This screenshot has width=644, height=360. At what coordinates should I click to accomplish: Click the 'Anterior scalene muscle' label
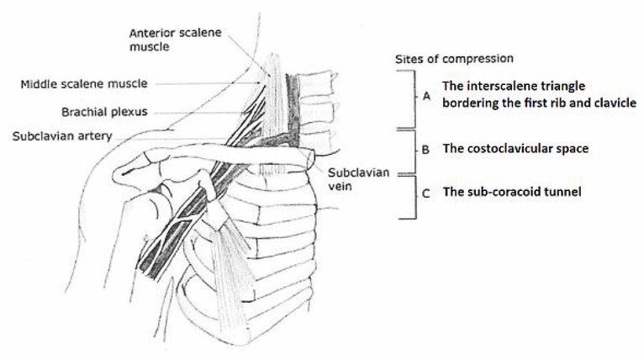(176, 40)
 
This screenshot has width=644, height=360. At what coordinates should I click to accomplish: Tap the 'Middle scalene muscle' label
(84, 84)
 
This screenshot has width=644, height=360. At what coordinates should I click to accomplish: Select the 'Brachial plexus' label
(104, 112)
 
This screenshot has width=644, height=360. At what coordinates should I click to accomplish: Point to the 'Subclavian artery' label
(62, 136)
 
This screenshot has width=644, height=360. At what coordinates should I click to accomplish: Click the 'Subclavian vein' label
(358, 179)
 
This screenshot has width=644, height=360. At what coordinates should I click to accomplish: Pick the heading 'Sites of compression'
(454, 59)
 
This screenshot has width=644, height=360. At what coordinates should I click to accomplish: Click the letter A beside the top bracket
(427, 96)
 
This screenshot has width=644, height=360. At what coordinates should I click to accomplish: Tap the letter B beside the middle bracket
(425, 150)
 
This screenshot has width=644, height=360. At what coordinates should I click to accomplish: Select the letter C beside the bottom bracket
(426, 193)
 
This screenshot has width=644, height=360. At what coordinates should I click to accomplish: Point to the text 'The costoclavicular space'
(515, 148)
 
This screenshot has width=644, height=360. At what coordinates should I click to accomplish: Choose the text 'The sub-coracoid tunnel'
(512, 192)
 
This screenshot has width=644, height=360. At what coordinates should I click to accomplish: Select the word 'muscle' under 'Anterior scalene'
(150, 46)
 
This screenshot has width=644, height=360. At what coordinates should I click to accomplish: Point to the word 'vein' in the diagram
(340, 186)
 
